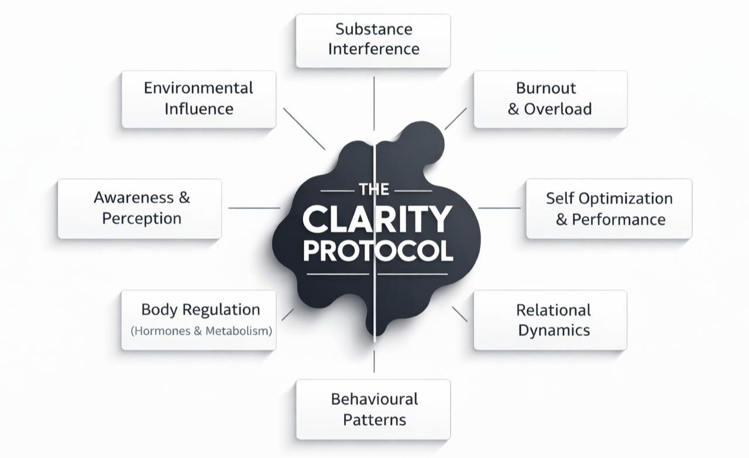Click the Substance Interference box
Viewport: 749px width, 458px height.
pos(373,40)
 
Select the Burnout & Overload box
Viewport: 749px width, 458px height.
pos(550,99)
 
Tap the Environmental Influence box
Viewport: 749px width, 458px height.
pos(198,99)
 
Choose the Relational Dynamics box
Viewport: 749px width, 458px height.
pos(550,320)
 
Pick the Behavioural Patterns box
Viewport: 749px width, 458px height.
pos(373,409)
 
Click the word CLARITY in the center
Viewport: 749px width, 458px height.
pos(377,219)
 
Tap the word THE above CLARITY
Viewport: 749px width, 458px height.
pos(369,190)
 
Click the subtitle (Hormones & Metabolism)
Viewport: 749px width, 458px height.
pos(202,331)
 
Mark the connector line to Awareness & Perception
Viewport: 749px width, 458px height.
pos(254,208)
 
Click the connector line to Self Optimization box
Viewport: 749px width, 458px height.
pos(500,208)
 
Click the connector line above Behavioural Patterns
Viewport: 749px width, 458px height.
pos(374,359)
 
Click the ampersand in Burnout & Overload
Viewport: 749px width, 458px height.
pos(513,109)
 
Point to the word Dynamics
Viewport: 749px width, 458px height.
pos(554,330)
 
